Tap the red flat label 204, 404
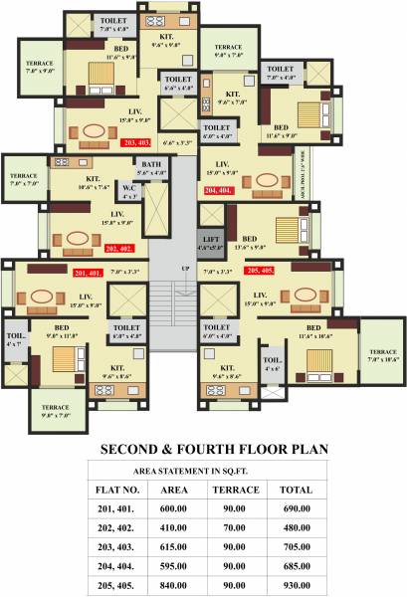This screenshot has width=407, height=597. [x=218, y=189]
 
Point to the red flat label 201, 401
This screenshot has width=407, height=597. [x=88, y=272]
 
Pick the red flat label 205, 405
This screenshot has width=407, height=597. [x=261, y=270]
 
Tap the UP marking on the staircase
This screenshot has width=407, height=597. [x=184, y=270]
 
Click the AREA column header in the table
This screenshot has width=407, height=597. [x=174, y=490]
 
